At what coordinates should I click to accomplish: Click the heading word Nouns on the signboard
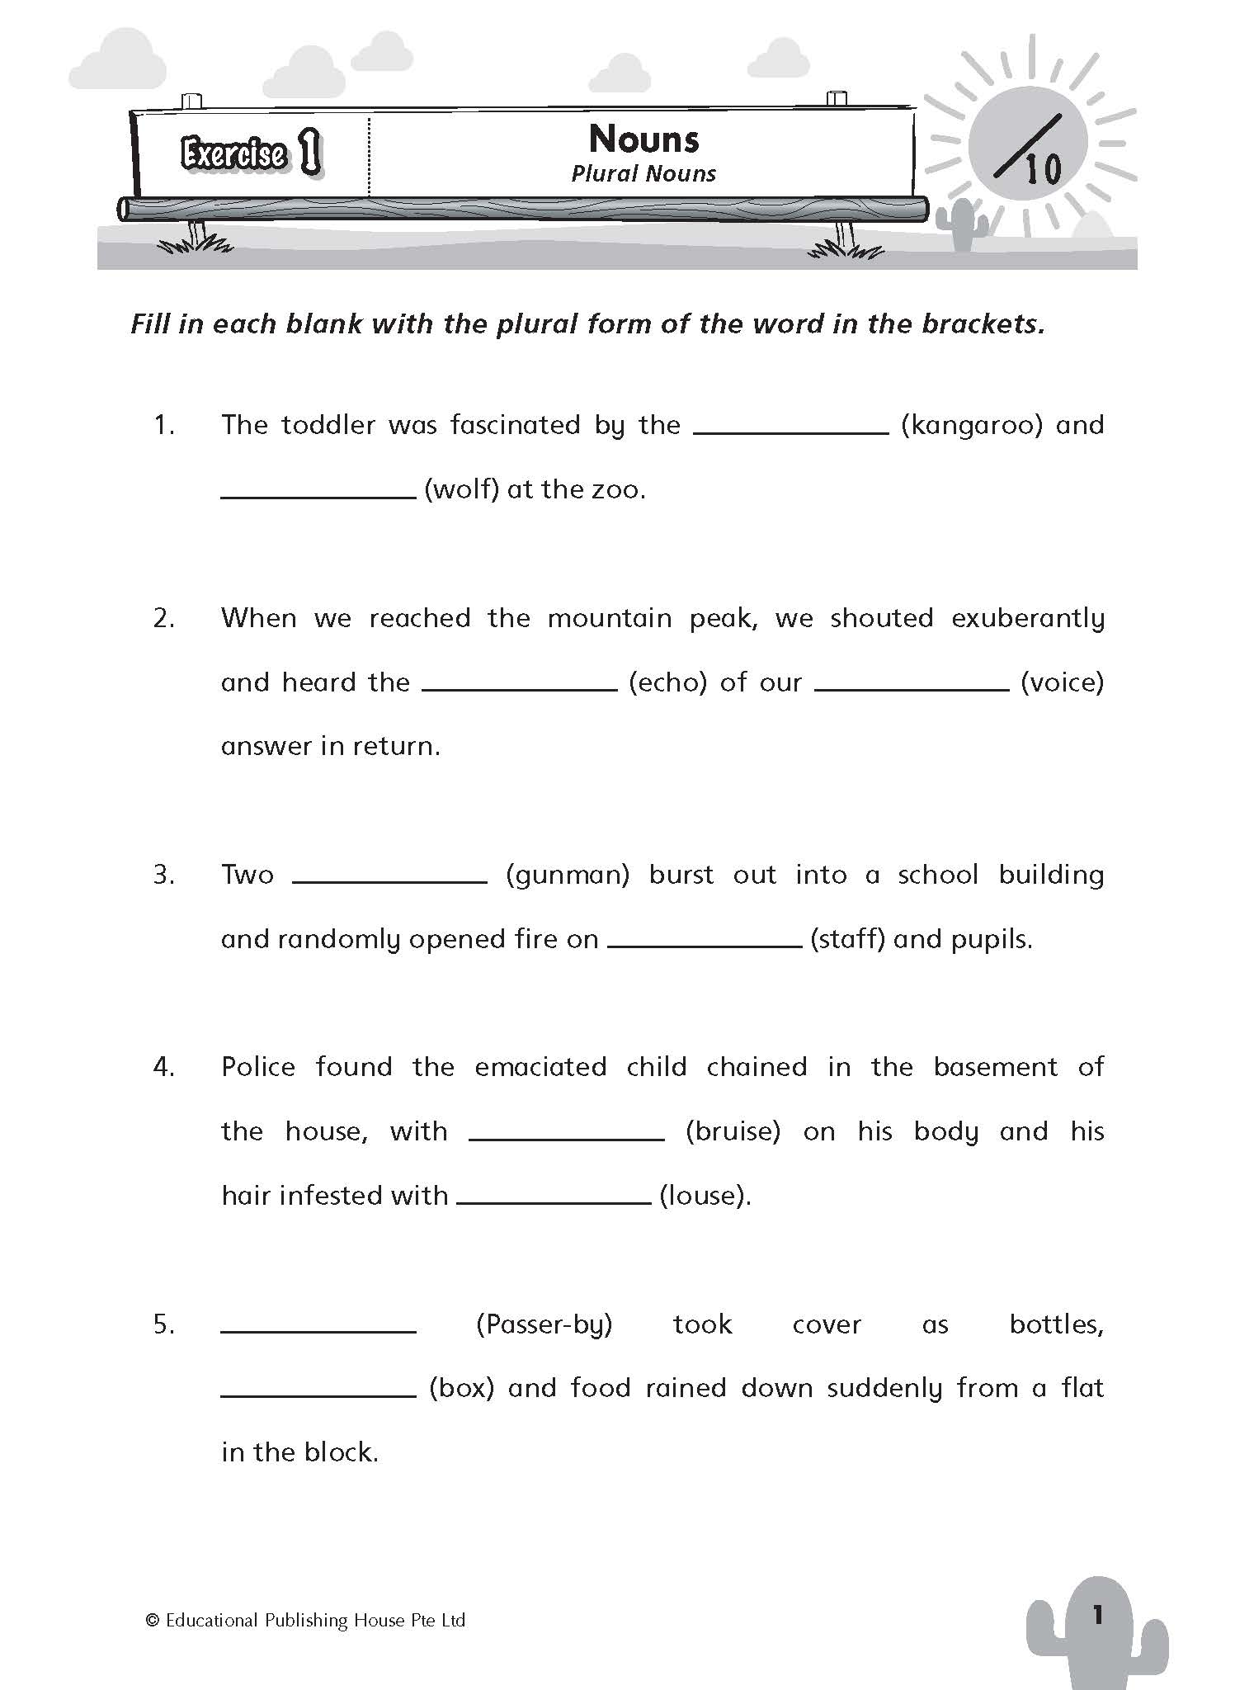click(643, 139)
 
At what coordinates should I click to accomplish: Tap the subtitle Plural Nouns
click(643, 174)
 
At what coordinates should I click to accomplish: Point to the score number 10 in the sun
click(1043, 170)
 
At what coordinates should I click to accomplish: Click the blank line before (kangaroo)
click(791, 431)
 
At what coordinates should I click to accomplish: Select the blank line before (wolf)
click(318, 496)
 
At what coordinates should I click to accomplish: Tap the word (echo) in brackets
click(667, 683)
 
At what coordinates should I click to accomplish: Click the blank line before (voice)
click(912, 688)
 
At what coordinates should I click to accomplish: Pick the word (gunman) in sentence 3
click(568, 876)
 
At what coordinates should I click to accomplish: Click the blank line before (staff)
click(705, 945)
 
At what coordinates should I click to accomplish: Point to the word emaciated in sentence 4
click(540, 1067)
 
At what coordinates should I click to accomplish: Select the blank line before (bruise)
click(566, 1138)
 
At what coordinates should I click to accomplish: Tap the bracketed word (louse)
click(705, 1196)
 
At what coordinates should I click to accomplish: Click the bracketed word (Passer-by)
click(544, 1324)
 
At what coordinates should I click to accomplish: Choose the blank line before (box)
click(318, 1395)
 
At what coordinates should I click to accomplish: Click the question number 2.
click(163, 618)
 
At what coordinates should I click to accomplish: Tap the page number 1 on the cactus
click(1097, 1616)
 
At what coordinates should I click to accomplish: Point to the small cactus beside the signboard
click(961, 224)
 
